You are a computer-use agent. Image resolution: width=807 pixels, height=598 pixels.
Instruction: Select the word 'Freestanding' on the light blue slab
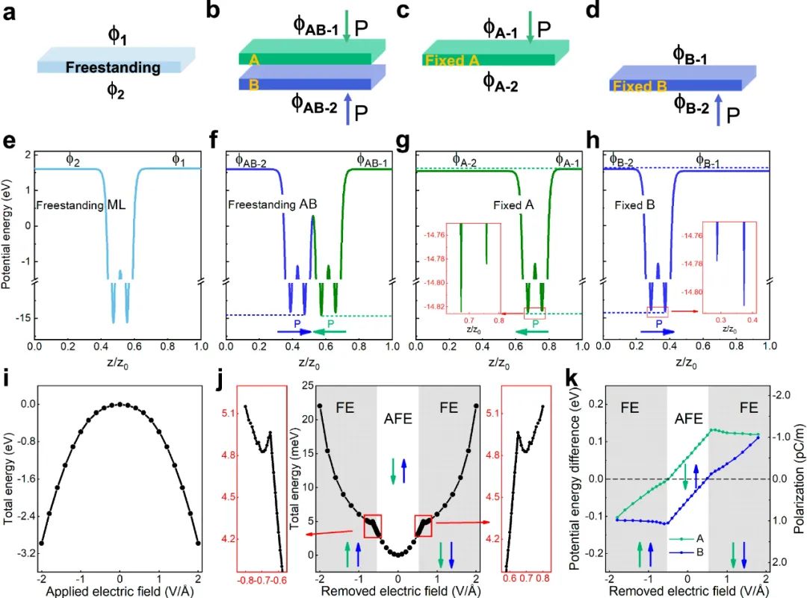113,68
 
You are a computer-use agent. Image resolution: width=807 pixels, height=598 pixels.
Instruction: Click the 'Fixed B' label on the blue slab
639,86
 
